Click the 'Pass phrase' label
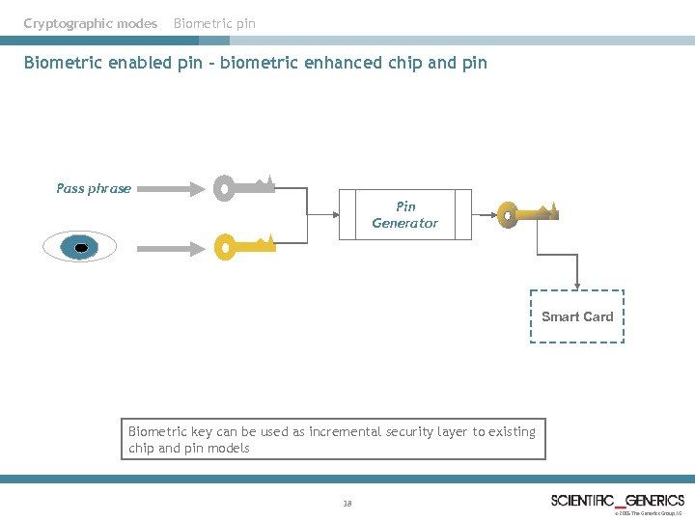pyautogui.click(x=94, y=188)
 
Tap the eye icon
pyautogui.click(x=80, y=248)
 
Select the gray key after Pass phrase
pyautogui.click(x=244, y=186)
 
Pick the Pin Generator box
pyautogui.click(x=405, y=214)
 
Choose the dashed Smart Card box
pyautogui.click(x=577, y=316)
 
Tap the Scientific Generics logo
pyautogui.click(x=617, y=500)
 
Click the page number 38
pyautogui.click(x=347, y=504)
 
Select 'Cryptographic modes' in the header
pyautogui.click(x=91, y=23)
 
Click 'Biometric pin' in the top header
pyautogui.click(x=214, y=23)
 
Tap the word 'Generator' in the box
pyautogui.click(x=405, y=223)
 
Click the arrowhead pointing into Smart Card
pyautogui.click(x=577, y=285)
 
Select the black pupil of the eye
pyautogui.click(x=81, y=249)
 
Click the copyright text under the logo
pyautogui.click(x=649, y=514)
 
